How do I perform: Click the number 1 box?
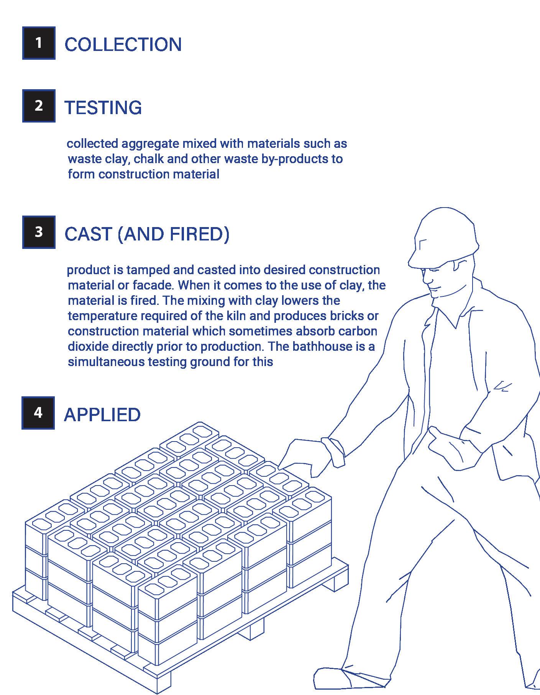coord(39,43)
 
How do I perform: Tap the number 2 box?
coord(39,106)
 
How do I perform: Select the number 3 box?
coord(39,232)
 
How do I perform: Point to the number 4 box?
coord(38,413)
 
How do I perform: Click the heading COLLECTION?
coord(123,44)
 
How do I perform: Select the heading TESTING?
coord(103,107)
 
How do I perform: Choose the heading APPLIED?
coord(102,415)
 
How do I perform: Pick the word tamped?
coord(148,270)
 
